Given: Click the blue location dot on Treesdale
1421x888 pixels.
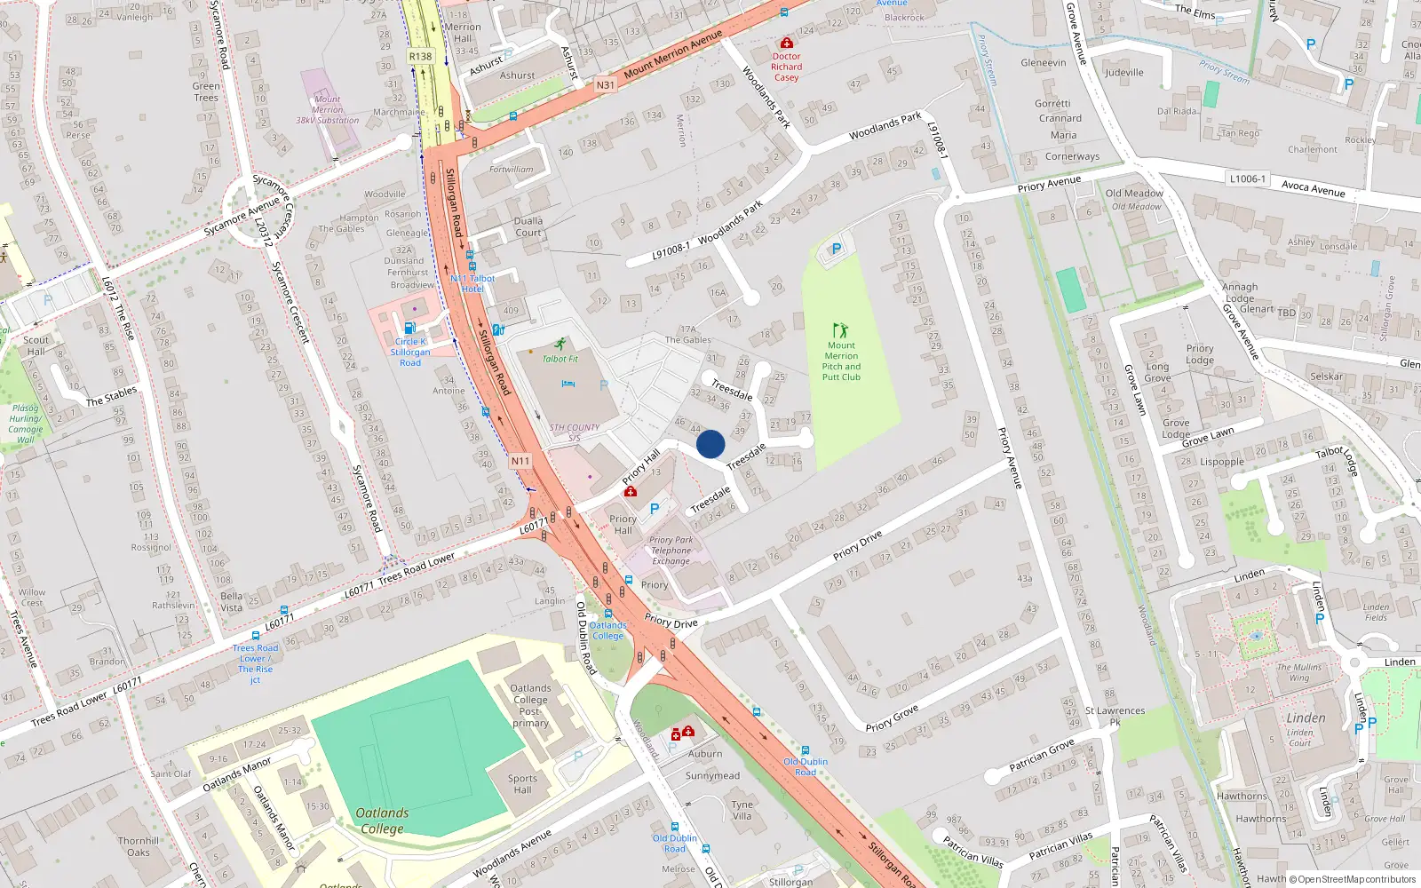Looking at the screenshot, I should tap(710, 444).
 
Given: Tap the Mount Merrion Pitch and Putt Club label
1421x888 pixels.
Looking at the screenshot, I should tap(841, 361).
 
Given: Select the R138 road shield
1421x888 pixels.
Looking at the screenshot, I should tap(420, 57).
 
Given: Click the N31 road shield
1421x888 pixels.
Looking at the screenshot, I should tap(605, 85).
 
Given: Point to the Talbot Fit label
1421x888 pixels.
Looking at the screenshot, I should tap(560, 359).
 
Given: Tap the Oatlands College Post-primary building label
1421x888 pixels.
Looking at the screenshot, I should tap(530, 705).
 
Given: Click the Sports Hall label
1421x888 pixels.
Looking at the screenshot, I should tap(522, 784).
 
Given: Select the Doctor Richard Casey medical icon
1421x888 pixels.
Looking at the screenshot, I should tap(786, 43).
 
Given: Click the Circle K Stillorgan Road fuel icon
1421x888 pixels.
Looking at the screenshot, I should tap(409, 328).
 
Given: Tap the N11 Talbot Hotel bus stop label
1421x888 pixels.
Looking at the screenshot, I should tap(472, 283).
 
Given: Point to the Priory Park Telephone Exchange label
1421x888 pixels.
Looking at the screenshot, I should tap(671, 551).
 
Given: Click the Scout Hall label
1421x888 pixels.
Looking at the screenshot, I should tap(36, 345).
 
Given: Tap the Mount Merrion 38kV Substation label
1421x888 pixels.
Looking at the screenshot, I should tap(327, 110).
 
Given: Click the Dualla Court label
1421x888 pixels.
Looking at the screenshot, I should tap(528, 226).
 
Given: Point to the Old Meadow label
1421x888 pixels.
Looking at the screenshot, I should tap(1134, 194).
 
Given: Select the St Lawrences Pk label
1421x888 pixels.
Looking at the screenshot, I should tap(1115, 716).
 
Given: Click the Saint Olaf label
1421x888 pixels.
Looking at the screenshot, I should tap(171, 773).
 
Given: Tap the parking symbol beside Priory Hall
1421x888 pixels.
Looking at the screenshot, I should tap(655, 509).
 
